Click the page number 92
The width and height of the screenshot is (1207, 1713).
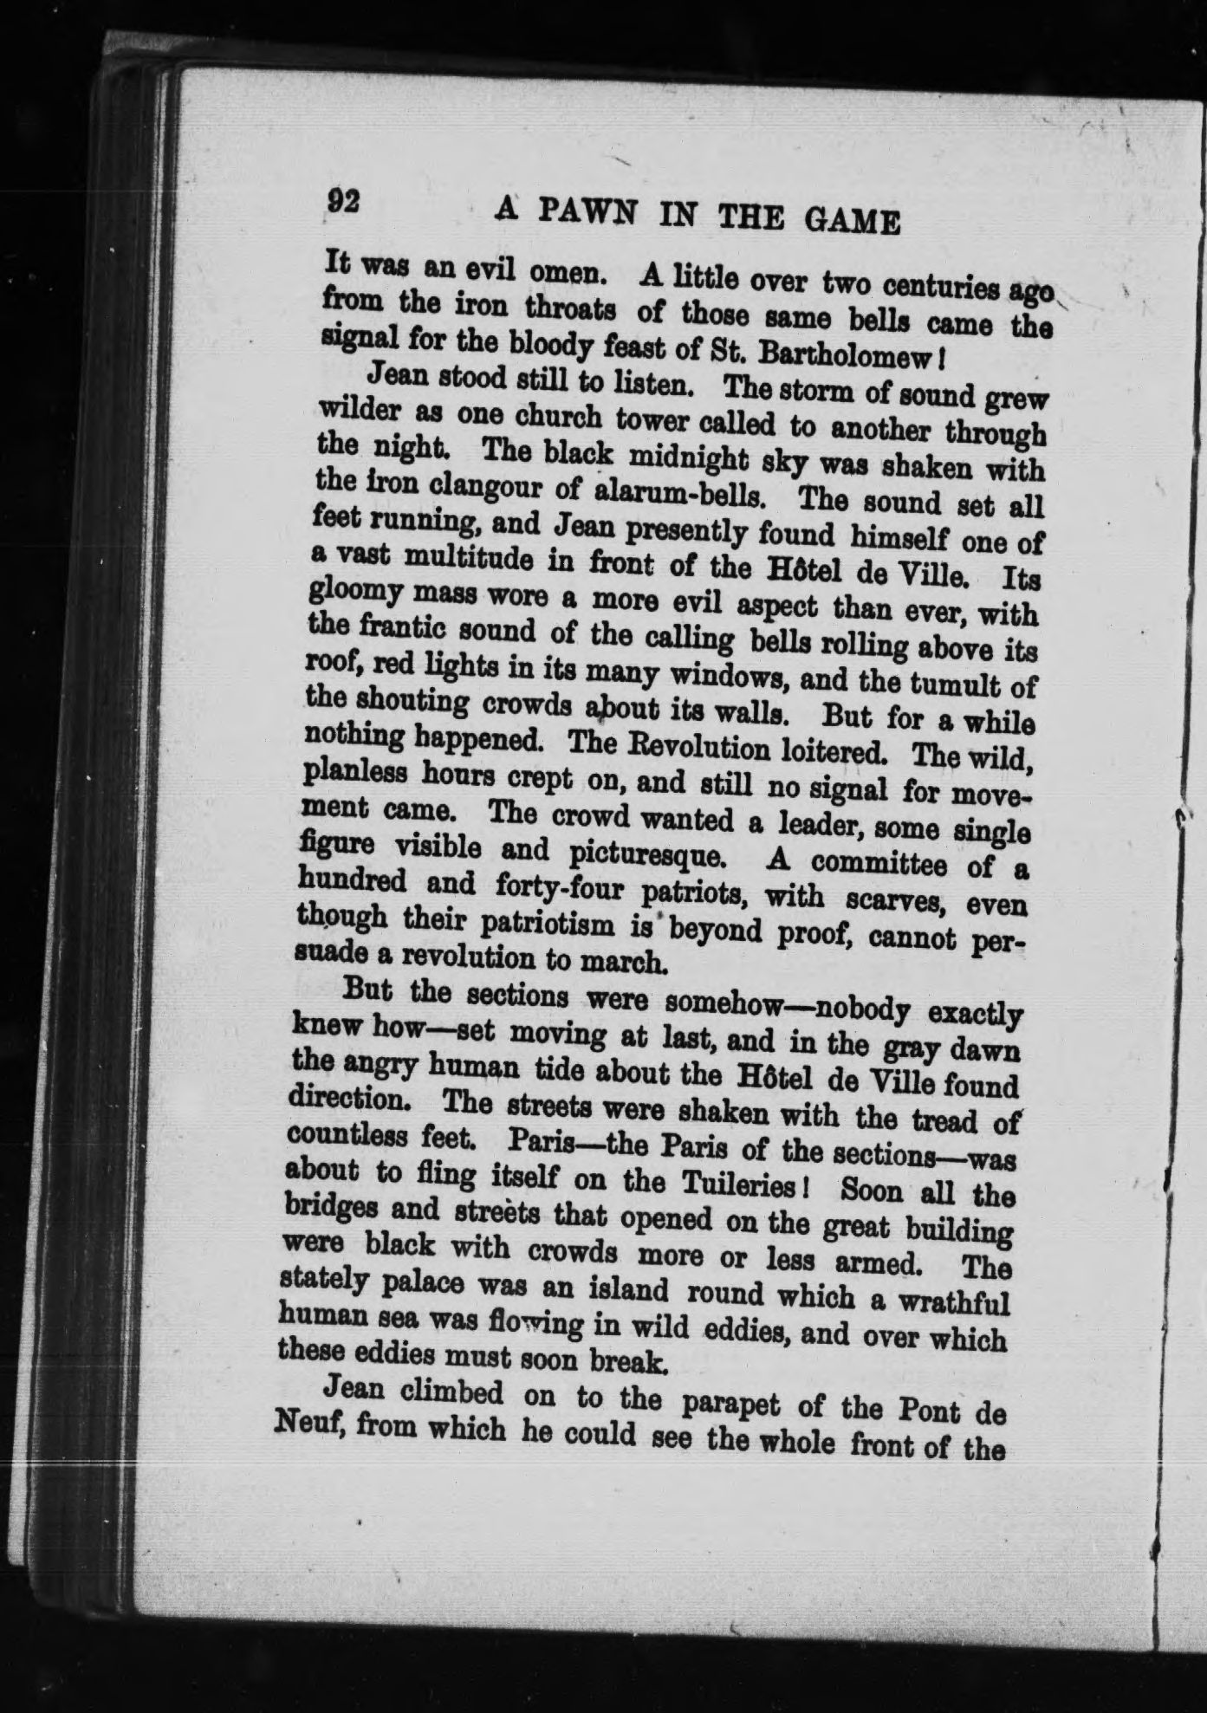(x=343, y=202)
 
